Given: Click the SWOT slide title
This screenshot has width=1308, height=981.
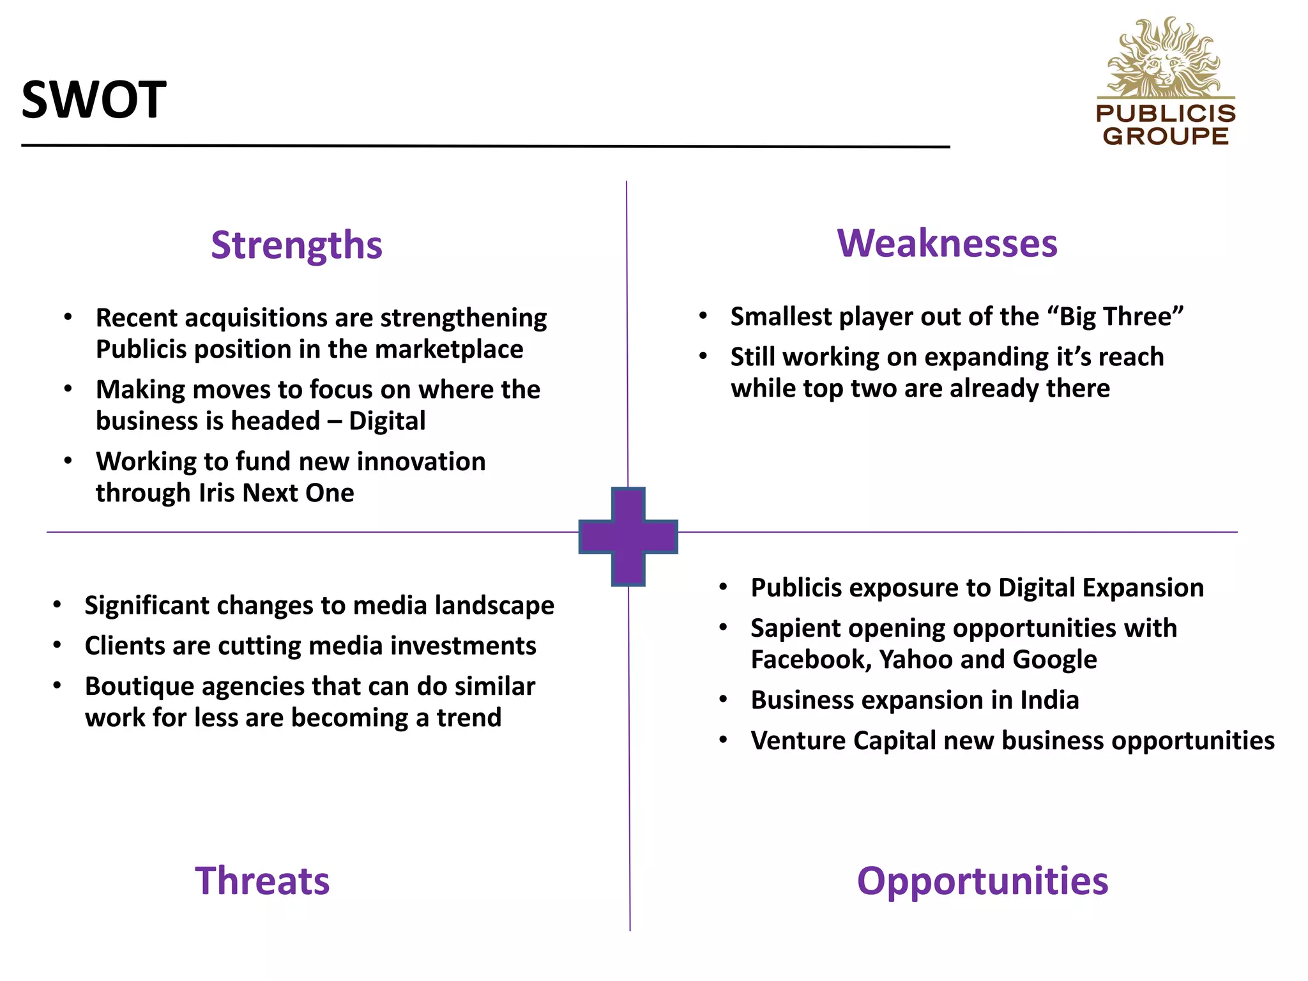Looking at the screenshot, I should click(94, 100).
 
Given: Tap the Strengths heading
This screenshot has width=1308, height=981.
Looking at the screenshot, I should click(296, 245).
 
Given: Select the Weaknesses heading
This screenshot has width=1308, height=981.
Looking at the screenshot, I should click(947, 243).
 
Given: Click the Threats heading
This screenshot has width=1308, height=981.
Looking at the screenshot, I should click(262, 881).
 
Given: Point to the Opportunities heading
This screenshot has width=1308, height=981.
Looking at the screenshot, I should click(982, 881).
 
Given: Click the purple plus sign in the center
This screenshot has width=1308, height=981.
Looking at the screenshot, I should click(628, 536).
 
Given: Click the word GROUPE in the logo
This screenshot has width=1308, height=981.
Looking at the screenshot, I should click(1166, 136).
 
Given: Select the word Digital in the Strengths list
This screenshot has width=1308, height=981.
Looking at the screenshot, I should click(387, 421).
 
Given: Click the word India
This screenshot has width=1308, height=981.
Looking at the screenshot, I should click(1049, 700).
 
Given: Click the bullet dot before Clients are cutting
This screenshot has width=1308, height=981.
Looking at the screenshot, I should click(57, 646).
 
